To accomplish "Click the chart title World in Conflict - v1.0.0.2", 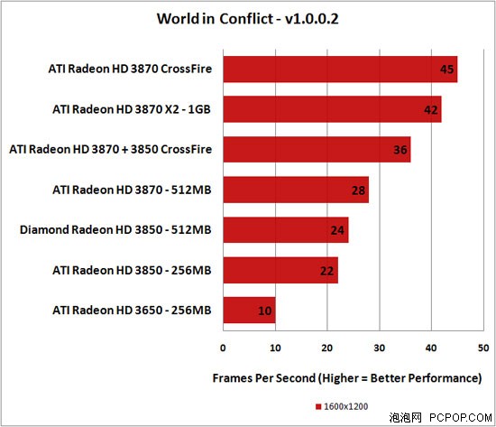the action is [248, 19].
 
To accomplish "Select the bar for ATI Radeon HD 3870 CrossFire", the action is [340, 70].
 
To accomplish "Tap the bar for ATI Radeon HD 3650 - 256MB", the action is [249, 311].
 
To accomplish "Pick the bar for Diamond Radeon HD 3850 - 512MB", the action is [286, 230].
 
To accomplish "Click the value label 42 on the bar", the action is [431, 110].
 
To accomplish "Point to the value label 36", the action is [400, 150].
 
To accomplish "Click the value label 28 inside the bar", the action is [358, 190].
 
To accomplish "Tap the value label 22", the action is [326, 271].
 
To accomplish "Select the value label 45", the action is [447, 70].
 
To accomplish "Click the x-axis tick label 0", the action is [223, 348].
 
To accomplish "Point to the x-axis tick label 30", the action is [380, 348].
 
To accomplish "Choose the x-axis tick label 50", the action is [483, 348].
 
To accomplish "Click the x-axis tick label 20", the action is [327, 348].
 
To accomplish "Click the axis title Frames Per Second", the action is [264, 378].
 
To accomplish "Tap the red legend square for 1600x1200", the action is [318, 406].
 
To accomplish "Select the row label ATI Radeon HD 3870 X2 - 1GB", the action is [132, 109].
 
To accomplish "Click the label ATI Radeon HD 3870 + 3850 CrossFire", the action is [110, 149].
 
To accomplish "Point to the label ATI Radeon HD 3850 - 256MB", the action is [132, 270].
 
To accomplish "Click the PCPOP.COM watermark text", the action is [461, 418].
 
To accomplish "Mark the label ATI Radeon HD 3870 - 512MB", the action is [132, 190].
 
